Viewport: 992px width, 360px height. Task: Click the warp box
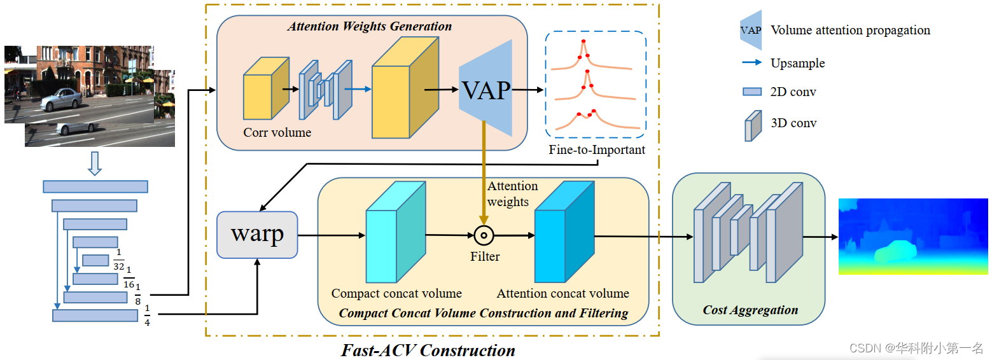(x=257, y=235)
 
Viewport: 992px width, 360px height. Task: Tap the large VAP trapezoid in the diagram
(x=486, y=88)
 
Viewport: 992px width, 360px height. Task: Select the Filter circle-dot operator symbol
(x=484, y=235)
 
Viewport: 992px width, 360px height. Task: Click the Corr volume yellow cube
(x=266, y=88)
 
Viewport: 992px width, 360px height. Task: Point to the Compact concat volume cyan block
(x=396, y=232)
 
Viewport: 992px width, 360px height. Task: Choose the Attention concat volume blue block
(x=564, y=232)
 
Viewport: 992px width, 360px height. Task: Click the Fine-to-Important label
(x=596, y=149)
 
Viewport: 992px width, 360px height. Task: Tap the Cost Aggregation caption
(x=750, y=310)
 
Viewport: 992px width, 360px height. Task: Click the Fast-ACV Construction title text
(x=428, y=350)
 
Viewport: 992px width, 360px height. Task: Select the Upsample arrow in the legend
(x=752, y=62)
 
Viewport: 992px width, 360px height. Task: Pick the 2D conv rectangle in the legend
(x=752, y=92)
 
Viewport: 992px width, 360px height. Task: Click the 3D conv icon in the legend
(x=753, y=126)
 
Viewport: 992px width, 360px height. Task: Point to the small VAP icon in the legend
(x=751, y=30)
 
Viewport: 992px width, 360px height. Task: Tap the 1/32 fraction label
(x=119, y=260)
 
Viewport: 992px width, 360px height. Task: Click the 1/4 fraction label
(x=147, y=315)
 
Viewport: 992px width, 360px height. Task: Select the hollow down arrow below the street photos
(x=95, y=164)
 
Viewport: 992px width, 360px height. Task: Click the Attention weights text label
(x=512, y=193)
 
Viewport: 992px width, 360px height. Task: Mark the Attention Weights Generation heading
(x=370, y=26)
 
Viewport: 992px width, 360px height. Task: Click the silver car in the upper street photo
(x=61, y=100)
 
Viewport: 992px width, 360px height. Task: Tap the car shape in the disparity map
(x=895, y=251)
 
